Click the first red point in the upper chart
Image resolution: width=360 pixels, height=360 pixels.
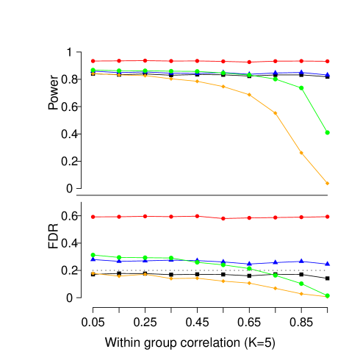[93, 61]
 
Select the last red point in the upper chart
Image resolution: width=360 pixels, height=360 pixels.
[328, 61]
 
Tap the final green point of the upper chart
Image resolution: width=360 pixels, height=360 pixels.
[328, 133]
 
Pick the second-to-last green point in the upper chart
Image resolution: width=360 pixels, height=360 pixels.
[301, 87]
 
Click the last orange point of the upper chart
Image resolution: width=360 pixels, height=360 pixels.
[328, 183]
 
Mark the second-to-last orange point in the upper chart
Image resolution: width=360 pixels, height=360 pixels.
[301, 153]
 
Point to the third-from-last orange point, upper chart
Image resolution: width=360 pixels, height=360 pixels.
[276, 113]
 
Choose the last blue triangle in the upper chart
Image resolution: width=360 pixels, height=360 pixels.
[328, 74]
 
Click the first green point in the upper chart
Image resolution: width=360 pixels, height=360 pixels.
[93, 70]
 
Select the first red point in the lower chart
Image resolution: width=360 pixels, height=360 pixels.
[93, 217]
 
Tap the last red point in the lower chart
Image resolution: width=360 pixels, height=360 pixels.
[328, 217]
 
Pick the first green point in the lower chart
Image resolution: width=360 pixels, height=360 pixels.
[93, 255]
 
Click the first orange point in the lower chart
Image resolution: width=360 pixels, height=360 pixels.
[93, 273]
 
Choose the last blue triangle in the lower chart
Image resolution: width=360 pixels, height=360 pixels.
[328, 263]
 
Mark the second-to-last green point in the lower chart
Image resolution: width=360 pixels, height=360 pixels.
[301, 284]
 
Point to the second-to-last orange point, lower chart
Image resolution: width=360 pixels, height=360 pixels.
[301, 293]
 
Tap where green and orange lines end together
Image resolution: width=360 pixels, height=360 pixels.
[328, 296]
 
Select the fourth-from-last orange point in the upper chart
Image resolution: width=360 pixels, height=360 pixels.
[249, 95]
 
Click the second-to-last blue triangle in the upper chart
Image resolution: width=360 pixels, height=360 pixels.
[301, 72]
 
